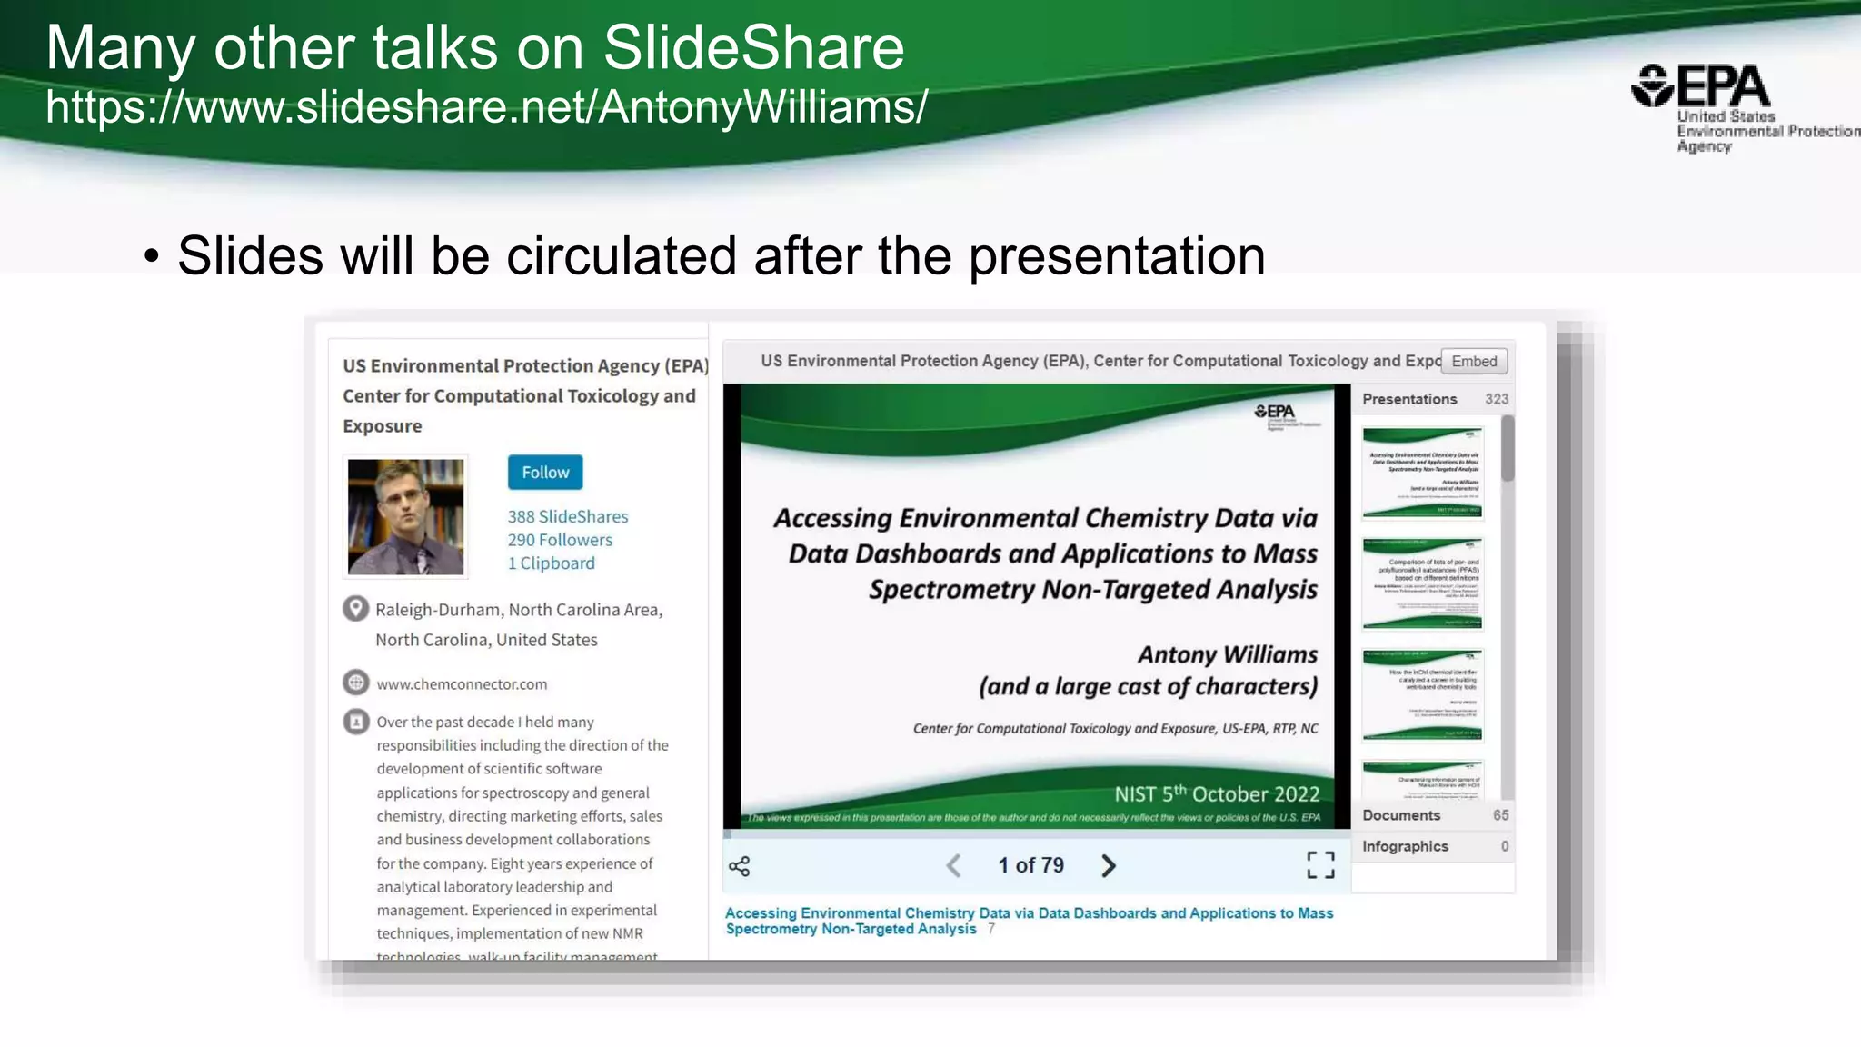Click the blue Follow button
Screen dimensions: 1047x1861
click(x=544, y=473)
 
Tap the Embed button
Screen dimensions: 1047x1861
click(x=1473, y=362)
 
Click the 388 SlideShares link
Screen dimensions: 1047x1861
click(x=567, y=516)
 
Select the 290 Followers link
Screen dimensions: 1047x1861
click(x=560, y=540)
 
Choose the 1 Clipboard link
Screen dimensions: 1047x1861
click(x=551, y=563)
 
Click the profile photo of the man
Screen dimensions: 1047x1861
click(x=405, y=516)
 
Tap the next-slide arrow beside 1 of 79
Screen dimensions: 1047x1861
click(x=1108, y=865)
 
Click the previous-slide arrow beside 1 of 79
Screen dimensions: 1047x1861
click(x=953, y=865)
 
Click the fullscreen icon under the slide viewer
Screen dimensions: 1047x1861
click(x=1319, y=865)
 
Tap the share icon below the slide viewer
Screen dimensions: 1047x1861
click(x=740, y=866)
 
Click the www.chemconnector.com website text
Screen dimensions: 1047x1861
click(x=462, y=684)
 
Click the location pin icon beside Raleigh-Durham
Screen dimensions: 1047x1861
click(x=355, y=608)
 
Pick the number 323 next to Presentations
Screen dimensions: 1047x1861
click(x=1496, y=399)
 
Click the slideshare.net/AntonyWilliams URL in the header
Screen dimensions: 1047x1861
click(x=486, y=107)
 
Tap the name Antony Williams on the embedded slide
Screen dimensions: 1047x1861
click(x=1227, y=654)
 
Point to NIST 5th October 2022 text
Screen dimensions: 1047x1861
click(x=1216, y=793)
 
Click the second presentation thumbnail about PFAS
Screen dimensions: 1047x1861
click(x=1422, y=583)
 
